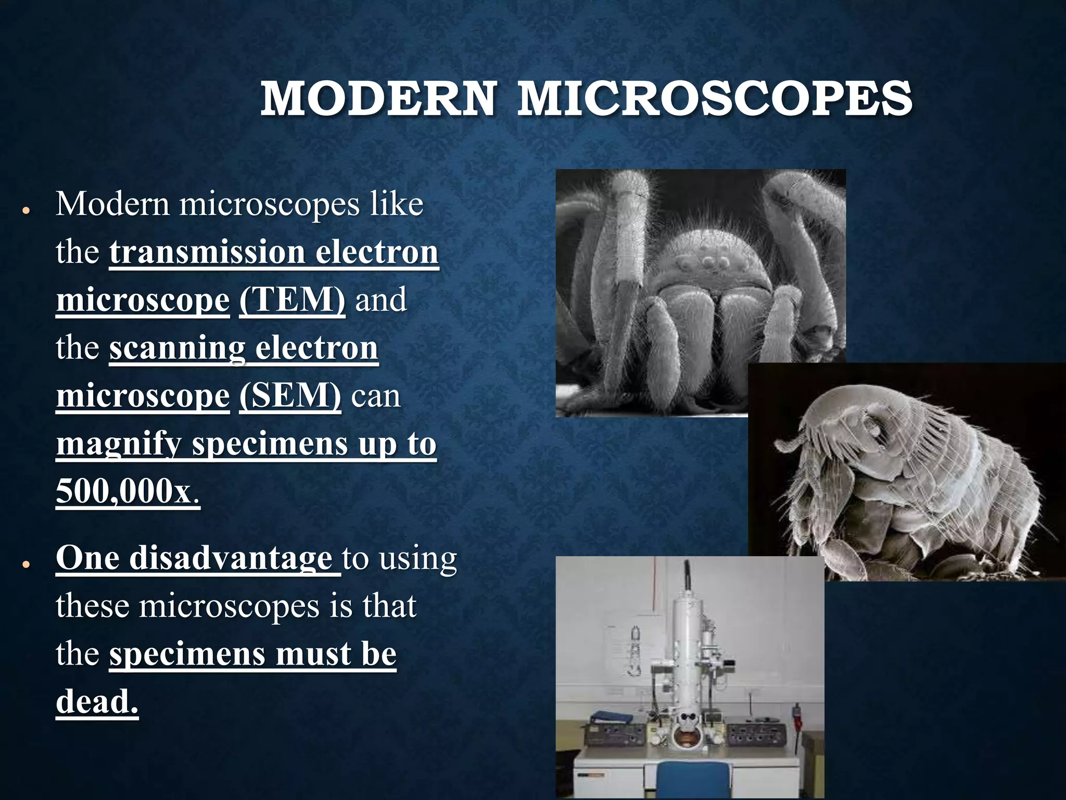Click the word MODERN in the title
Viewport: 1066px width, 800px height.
pyautogui.click(x=378, y=99)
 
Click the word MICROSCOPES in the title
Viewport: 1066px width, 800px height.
pyautogui.click(x=714, y=99)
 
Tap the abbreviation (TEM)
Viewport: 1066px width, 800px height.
pyautogui.click(x=292, y=300)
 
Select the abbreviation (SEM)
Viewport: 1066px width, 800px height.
pyautogui.click(x=290, y=396)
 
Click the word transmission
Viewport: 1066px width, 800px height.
pyautogui.click(x=207, y=252)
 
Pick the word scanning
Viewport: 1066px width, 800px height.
pyautogui.click(x=177, y=348)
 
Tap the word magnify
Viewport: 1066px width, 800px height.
pyautogui.click(x=118, y=445)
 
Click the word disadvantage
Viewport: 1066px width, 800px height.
pyautogui.click(x=231, y=558)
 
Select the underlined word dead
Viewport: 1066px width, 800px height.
pyautogui.click(x=97, y=702)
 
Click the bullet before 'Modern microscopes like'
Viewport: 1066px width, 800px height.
pyautogui.click(x=25, y=210)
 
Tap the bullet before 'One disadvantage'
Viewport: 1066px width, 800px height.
pyautogui.click(x=25, y=565)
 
